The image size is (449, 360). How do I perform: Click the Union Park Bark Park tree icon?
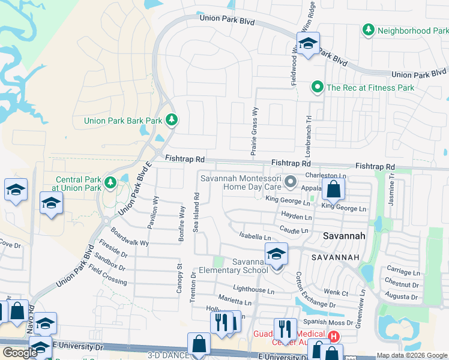tap(172, 121)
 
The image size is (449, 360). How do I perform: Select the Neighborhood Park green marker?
tap(369, 30)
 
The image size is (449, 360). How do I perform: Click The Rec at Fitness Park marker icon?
tap(317, 88)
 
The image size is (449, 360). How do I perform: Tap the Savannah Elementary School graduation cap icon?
tap(276, 255)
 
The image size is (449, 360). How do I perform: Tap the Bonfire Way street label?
tap(181, 223)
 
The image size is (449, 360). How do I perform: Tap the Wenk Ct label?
tap(336, 293)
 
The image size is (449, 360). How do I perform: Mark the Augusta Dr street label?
tap(402, 296)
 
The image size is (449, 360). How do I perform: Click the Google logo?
tap(20, 353)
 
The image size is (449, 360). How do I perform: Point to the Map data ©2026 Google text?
tap(412, 355)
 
